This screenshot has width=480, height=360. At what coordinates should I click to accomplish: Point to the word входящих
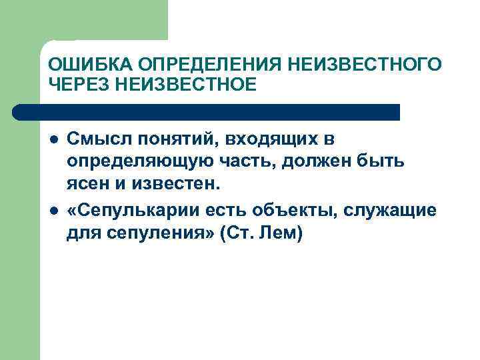(x=273, y=139)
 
